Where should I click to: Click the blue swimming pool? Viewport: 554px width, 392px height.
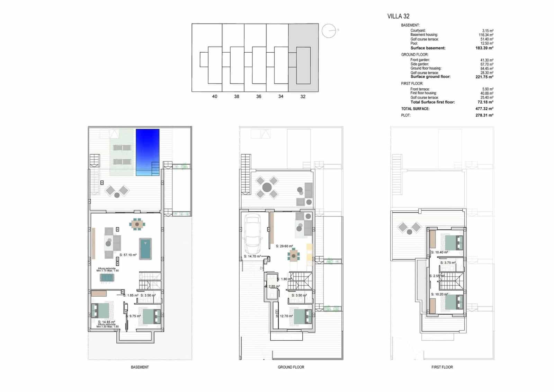click(x=148, y=152)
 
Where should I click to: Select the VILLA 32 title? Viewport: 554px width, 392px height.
click(x=398, y=16)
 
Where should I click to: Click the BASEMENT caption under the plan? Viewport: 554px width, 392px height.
click(x=140, y=367)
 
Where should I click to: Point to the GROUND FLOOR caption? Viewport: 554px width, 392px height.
click(x=291, y=367)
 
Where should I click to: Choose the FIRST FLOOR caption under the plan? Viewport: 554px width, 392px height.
click(x=442, y=367)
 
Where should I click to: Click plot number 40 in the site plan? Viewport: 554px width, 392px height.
click(x=215, y=96)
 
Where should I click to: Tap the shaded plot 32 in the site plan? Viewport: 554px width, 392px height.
click(x=303, y=58)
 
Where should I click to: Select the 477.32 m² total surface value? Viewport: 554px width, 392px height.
click(x=484, y=109)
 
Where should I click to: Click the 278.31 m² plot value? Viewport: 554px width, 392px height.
click(x=484, y=115)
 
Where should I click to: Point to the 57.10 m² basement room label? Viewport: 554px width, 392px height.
click(x=128, y=255)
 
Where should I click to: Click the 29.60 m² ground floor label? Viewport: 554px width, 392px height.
click(x=284, y=246)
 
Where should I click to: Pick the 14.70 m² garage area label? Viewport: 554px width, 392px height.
click(x=252, y=256)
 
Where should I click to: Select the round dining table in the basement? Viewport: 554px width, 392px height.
click(x=137, y=224)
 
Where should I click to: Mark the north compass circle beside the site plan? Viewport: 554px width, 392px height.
click(x=329, y=31)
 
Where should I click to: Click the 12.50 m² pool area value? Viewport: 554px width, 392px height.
click(x=488, y=43)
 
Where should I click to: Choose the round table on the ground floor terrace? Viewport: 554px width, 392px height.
click(x=267, y=188)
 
